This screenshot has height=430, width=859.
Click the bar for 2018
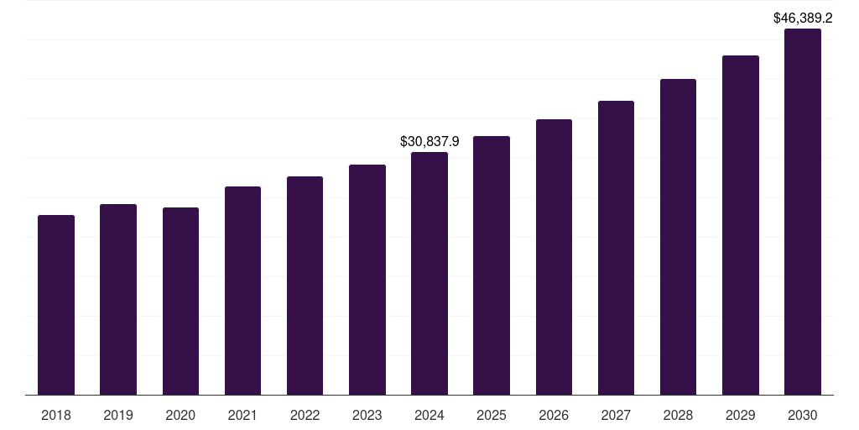[x=56, y=305]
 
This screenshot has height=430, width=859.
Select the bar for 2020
[x=180, y=301]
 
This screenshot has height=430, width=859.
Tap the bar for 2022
[x=305, y=286]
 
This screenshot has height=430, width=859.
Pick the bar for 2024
[x=429, y=273]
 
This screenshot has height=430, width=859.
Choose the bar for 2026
[x=554, y=257]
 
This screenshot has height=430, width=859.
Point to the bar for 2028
[x=678, y=237]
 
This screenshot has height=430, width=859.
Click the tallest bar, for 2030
[x=802, y=212]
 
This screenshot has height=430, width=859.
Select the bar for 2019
[x=118, y=299]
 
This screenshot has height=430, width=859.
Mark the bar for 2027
[x=616, y=248]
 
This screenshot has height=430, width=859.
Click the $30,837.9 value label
[x=429, y=142]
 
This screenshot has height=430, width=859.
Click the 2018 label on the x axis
[x=56, y=415]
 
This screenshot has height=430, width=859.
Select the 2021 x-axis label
[x=242, y=415]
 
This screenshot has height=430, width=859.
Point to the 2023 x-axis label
[x=367, y=415]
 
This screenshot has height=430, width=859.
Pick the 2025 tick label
[x=492, y=415]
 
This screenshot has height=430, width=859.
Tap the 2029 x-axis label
[x=740, y=415]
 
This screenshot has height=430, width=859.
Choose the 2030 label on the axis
[x=802, y=415]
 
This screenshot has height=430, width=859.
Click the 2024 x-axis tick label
[x=429, y=415]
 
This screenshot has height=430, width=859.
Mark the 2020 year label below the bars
[x=180, y=415]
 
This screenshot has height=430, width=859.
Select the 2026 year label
[x=554, y=415]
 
